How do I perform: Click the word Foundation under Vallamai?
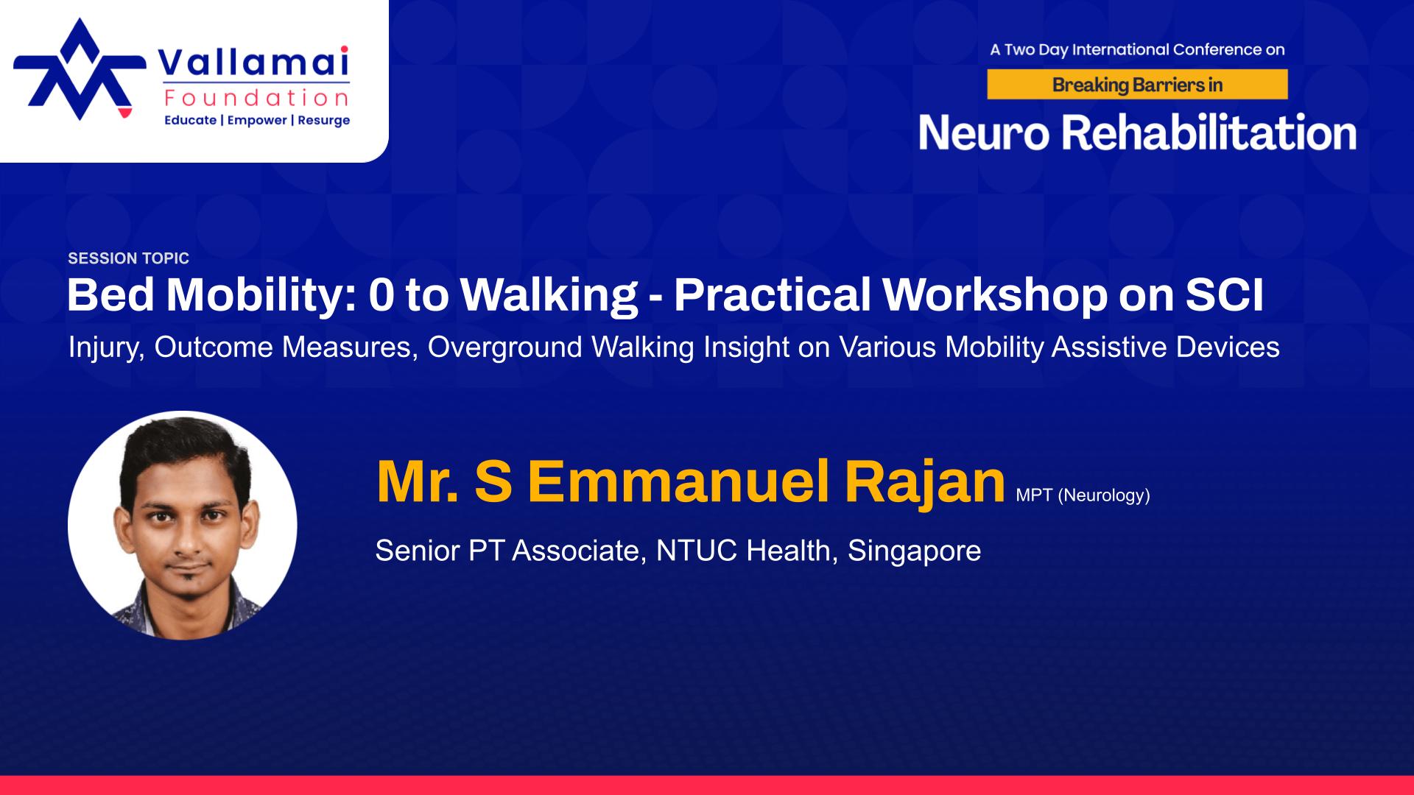pos(257,98)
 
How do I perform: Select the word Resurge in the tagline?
pos(324,120)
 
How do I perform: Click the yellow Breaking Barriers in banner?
pos(1137,85)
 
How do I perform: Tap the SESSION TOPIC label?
pos(129,258)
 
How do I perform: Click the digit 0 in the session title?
pos(381,295)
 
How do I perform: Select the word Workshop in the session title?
pos(995,295)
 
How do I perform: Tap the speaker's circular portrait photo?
pos(183,525)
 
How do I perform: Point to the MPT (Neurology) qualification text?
pos(1083,495)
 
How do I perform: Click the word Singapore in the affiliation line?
pos(914,551)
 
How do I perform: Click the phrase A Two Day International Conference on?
pos(1137,50)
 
